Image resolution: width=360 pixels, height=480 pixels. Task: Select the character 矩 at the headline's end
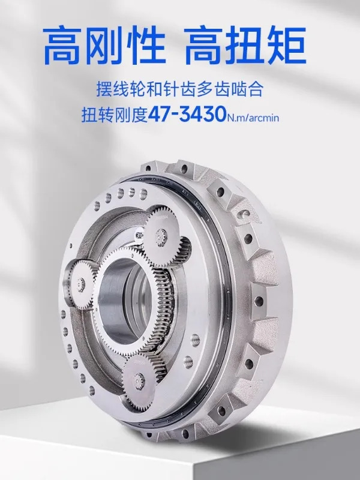287,46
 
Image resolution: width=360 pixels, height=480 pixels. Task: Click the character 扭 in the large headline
245,46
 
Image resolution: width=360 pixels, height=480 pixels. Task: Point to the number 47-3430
187,115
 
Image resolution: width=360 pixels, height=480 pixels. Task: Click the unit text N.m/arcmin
253,118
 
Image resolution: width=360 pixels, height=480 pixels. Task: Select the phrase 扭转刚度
115,115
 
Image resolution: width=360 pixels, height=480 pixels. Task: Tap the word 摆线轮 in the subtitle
121,89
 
